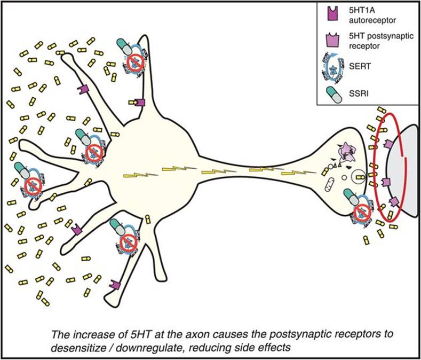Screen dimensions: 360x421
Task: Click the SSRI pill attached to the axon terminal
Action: point(352,197)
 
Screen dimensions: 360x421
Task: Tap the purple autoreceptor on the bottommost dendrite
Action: point(113,285)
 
